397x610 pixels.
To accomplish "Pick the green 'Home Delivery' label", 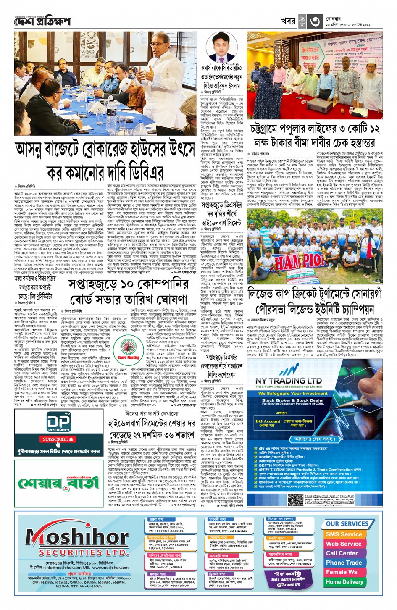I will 344,582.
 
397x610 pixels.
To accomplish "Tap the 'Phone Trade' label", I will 344,563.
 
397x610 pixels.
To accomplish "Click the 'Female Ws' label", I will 341,572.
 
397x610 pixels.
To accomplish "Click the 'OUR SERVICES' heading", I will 347,523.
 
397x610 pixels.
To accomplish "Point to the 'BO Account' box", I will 268,421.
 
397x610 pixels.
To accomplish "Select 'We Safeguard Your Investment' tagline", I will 293,394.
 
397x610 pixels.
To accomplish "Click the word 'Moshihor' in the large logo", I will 77,536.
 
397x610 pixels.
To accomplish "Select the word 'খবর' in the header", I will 288,21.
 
